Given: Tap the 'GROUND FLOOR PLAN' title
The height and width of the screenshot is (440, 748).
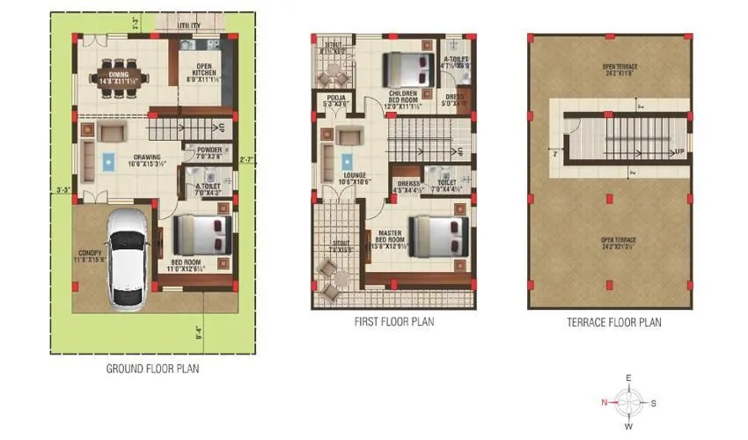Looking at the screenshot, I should [152, 369].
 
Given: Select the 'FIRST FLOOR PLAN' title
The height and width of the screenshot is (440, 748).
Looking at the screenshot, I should [394, 323].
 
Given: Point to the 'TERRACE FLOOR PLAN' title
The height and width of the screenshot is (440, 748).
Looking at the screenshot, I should [613, 323].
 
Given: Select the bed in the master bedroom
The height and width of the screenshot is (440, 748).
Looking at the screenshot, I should [436, 237].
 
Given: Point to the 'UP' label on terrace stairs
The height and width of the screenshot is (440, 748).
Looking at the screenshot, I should [678, 151].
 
